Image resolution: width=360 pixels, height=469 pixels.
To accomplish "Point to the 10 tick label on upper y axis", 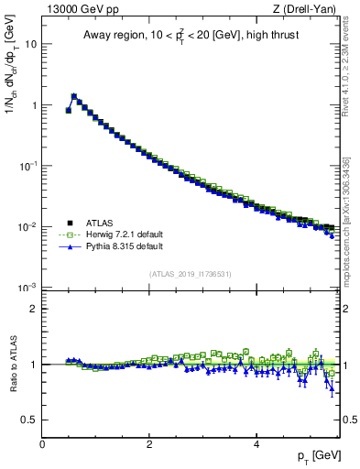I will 31,44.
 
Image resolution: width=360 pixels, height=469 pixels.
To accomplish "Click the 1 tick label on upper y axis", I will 34,105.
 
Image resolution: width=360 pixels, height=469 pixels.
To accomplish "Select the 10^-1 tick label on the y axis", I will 29,166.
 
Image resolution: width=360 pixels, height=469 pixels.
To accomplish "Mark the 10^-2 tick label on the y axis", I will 29,226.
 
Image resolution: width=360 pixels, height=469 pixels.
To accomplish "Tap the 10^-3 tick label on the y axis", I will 29,287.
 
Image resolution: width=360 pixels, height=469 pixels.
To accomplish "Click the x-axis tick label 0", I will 42,444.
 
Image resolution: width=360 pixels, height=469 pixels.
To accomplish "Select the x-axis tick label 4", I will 256,444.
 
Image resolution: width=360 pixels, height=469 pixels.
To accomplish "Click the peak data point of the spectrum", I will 74,95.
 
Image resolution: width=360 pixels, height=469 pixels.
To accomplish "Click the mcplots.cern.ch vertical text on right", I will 348,220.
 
